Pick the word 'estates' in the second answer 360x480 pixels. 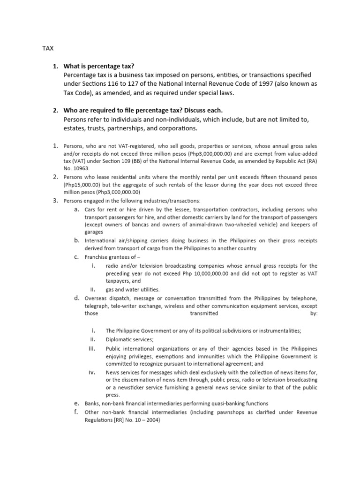75,128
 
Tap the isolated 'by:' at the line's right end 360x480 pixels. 313,314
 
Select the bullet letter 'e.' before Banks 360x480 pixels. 76,403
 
